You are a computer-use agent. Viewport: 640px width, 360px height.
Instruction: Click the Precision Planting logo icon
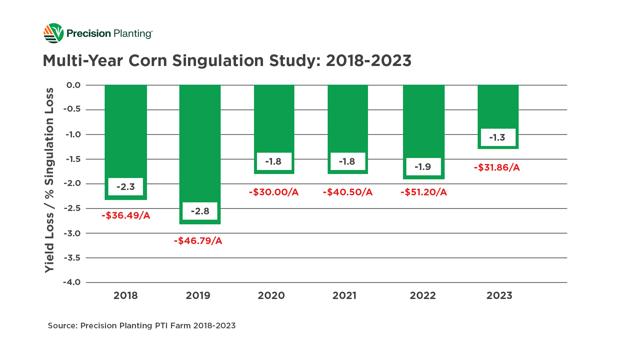point(53,33)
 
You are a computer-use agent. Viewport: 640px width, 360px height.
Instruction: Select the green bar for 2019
point(200,140)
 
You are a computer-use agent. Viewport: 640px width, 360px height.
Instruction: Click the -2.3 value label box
point(126,187)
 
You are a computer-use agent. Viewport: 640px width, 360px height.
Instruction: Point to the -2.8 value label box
point(200,211)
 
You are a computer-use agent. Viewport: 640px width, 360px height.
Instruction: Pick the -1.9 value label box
point(423,167)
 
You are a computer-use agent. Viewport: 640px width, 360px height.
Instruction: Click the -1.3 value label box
point(498,137)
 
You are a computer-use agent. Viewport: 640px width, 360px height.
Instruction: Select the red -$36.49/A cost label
point(126,216)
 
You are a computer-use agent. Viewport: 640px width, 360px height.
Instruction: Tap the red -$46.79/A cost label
point(198,241)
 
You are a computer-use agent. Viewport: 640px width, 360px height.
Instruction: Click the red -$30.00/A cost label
point(274,192)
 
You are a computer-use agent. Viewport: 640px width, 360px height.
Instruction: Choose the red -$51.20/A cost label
point(424,192)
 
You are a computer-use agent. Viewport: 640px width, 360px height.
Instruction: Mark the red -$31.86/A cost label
point(497,167)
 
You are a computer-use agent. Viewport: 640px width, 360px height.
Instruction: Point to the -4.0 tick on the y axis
point(72,282)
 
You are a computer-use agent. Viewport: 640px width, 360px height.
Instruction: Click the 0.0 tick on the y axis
point(73,85)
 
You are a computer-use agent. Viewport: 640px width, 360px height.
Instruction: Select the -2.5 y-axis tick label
point(72,208)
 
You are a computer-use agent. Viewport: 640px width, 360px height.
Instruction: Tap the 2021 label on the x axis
point(344,296)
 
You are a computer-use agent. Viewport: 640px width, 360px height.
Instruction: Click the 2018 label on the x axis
point(126,296)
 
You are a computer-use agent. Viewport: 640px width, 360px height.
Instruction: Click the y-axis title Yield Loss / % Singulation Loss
point(49,180)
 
